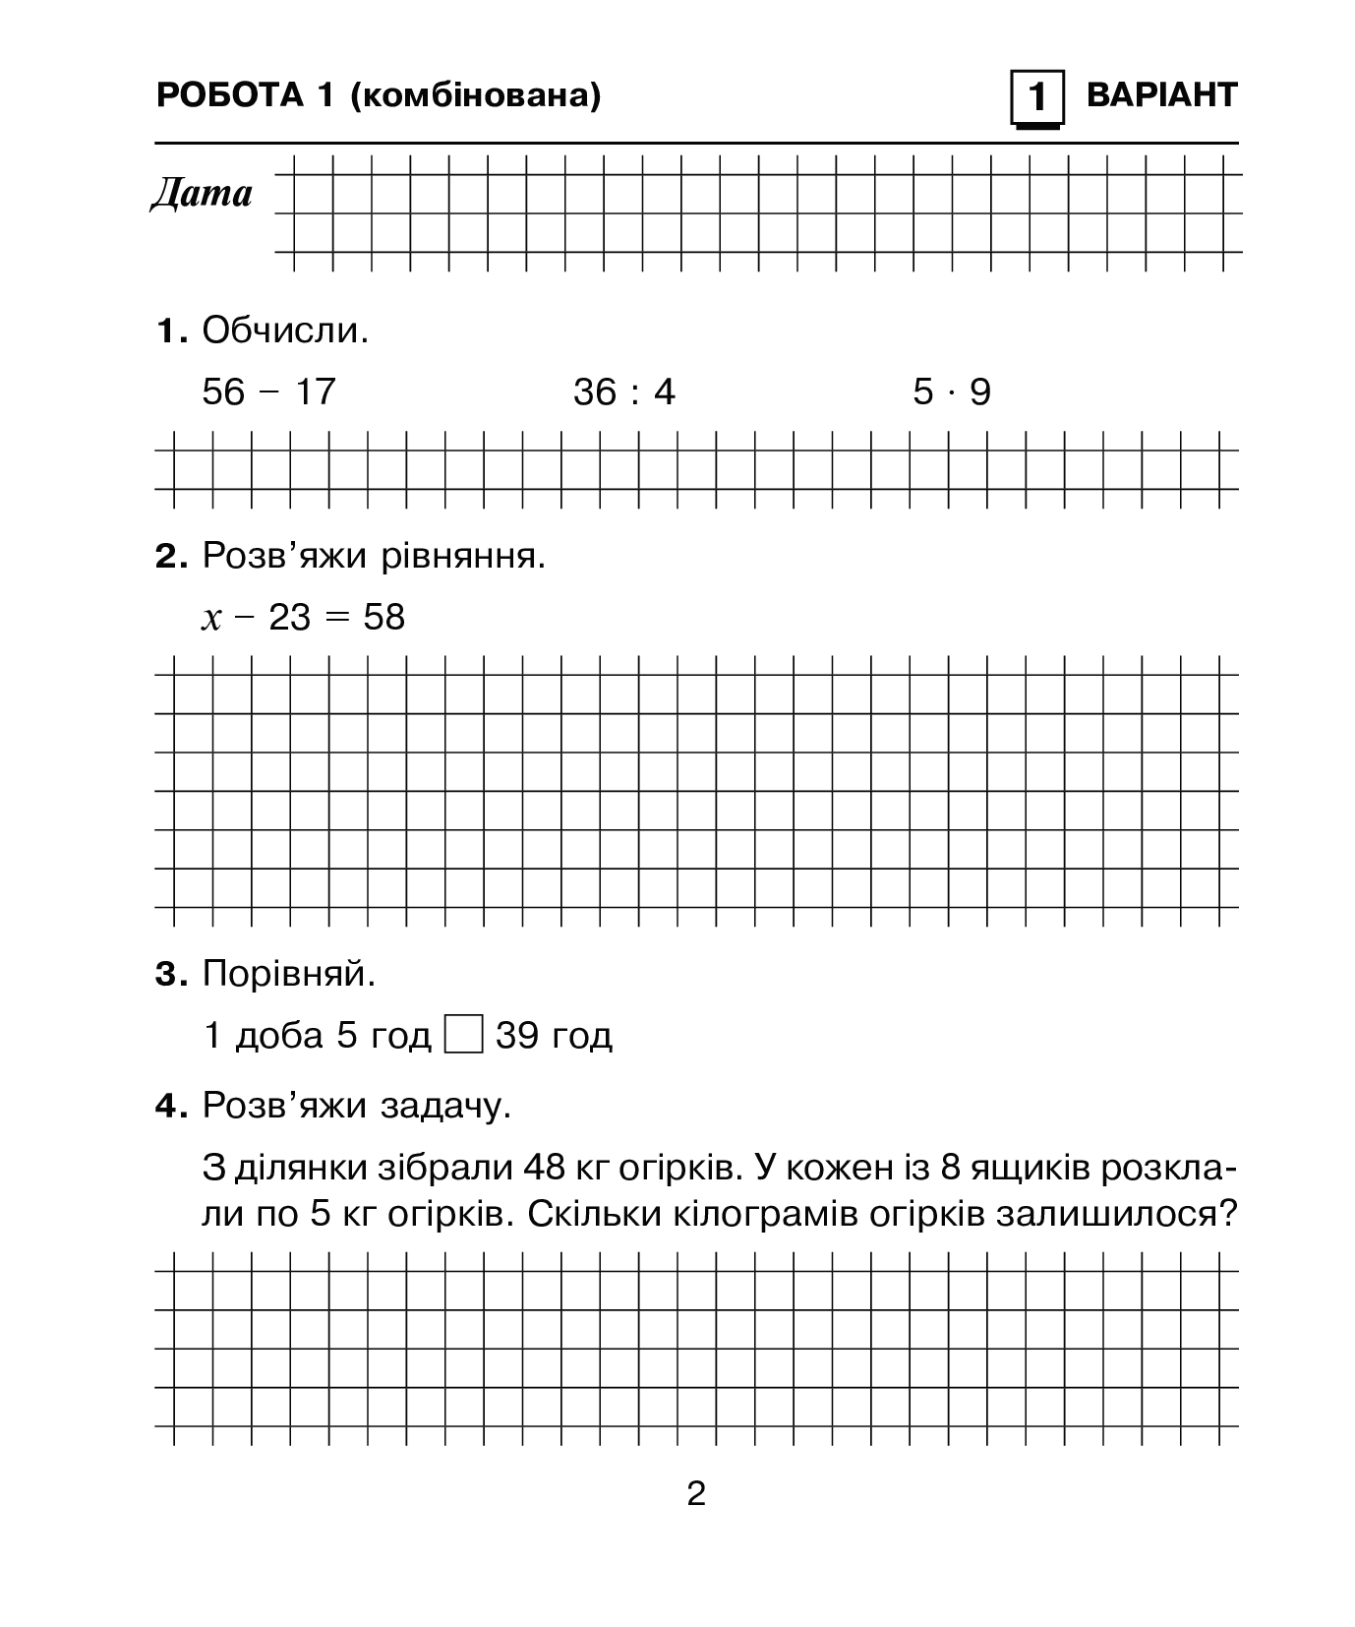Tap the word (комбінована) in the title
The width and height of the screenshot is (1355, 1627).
[x=475, y=95]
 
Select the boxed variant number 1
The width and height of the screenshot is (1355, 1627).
[x=1036, y=98]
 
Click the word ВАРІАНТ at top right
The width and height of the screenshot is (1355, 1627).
[x=1161, y=95]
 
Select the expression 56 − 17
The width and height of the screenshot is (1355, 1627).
[x=268, y=392]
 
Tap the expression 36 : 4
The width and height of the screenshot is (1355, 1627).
[x=624, y=393]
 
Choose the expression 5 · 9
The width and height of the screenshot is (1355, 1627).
[x=952, y=392]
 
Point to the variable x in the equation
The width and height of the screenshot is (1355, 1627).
[x=211, y=619]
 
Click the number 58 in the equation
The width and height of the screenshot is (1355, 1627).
[x=383, y=618]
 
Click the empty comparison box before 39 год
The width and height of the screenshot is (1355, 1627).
[x=463, y=1036]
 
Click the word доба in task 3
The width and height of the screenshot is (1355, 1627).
[x=279, y=1036]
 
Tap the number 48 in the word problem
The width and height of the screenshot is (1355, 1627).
[x=545, y=1168]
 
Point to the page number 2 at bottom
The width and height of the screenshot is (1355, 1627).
[x=696, y=1495]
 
